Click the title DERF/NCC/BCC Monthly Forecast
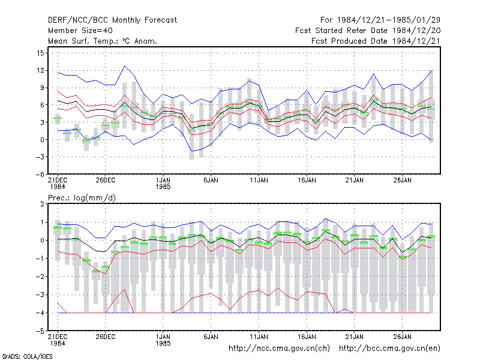coord(112,20)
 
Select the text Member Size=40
coord(80,31)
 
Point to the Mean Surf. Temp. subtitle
coord(102,41)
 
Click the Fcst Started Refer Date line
coord(368,31)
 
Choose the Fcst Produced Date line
coord(376,41)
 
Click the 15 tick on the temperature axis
coord(40,53)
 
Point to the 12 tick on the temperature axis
coord(40,70)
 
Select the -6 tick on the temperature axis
coord(40,174)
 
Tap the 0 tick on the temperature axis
coord(42,140)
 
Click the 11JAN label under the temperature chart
coord(259,181)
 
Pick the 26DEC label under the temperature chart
coord(106,181)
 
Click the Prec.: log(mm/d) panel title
coord(82,198)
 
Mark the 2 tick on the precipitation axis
coord(42,204)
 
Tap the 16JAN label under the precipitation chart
coord(307,337)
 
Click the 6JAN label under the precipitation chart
coord(211,337)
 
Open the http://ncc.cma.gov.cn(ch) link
coord(279,349)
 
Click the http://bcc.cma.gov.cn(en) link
coord(389,349)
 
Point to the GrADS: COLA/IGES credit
coord(27,356)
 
